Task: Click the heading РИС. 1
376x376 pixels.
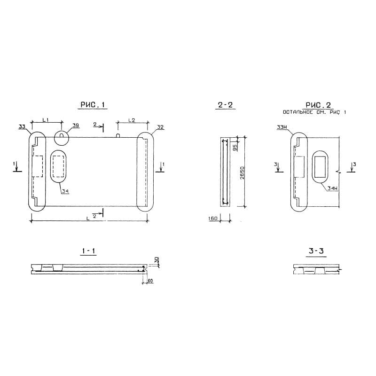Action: [93, 105]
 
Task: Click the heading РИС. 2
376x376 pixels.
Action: [318, 105]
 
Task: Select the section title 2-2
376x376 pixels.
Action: [225, 105]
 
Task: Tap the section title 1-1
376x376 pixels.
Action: [88, 251]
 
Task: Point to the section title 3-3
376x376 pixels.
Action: [316, 251]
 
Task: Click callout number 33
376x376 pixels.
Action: [22, 126]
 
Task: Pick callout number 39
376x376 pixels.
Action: [76, 125]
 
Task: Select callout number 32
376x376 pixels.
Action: [160, 127]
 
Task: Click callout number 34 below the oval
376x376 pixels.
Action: [65, 191]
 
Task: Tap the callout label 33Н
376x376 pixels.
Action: [282, 127]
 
